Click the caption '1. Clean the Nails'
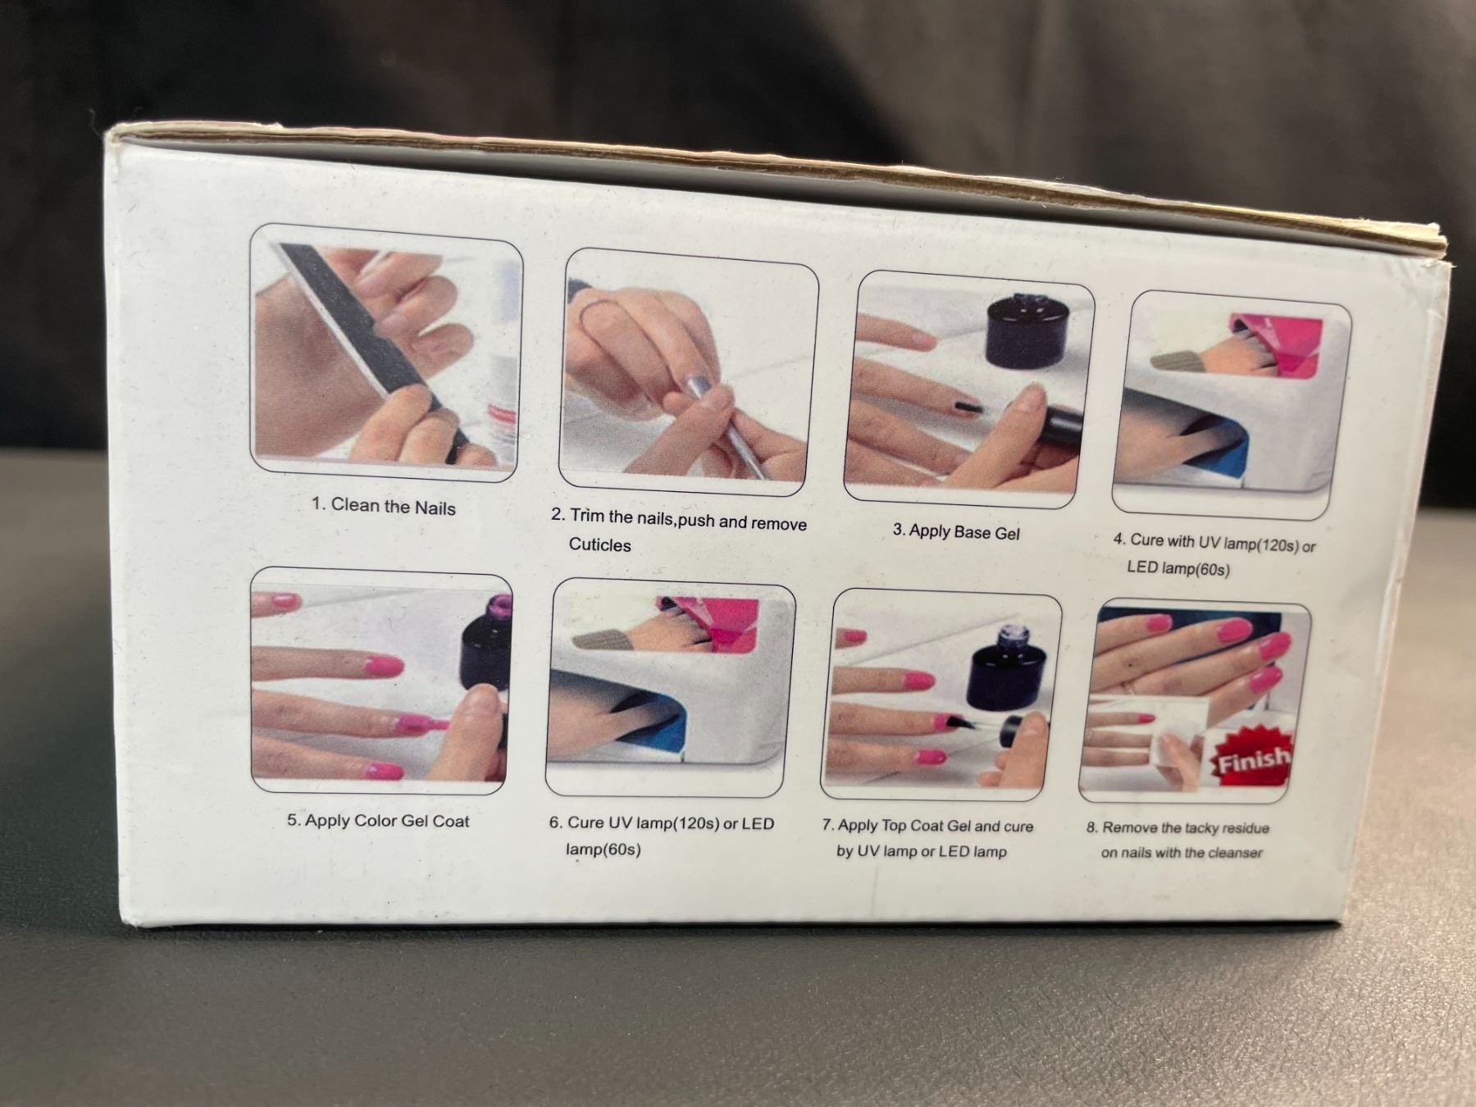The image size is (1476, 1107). (x=383, y=506)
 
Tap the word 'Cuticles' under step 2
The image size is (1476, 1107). (x=599, y=544)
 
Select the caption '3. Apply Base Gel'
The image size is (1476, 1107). (x=956, y=531)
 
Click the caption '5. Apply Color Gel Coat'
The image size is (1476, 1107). (x=378, y=820)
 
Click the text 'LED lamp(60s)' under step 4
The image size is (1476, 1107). (x=1178, y=567)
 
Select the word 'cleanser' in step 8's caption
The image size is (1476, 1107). (x=1235, y=853)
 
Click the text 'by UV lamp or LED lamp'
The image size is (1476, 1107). (x=921, y=851)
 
